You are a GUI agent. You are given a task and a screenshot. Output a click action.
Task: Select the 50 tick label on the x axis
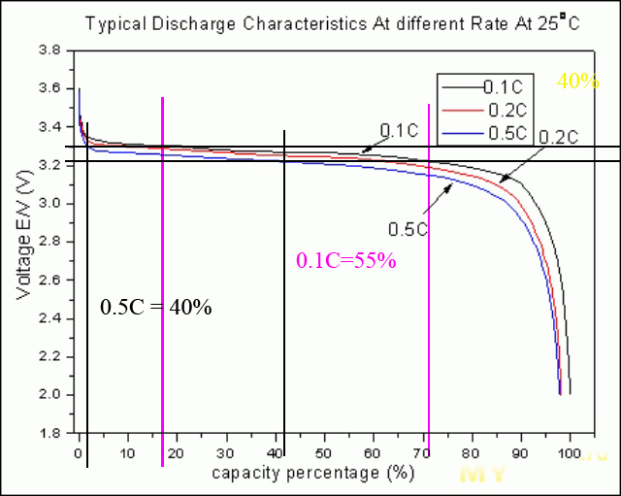tap(325, 452)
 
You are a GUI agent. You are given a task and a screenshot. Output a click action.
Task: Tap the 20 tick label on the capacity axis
tap(178, 452)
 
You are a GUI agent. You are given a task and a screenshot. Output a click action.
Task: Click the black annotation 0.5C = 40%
tap(156, 308)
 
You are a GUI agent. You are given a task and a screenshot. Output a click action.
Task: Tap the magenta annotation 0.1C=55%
tap(346, 259)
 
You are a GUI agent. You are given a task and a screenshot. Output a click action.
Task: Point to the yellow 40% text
tap(578, 82)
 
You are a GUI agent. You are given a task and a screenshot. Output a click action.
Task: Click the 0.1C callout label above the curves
tap(399, 130)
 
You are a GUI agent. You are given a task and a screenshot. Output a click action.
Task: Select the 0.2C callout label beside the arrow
tap(557, 137)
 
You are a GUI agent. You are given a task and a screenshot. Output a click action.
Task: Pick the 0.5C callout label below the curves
tap(408, 229)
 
